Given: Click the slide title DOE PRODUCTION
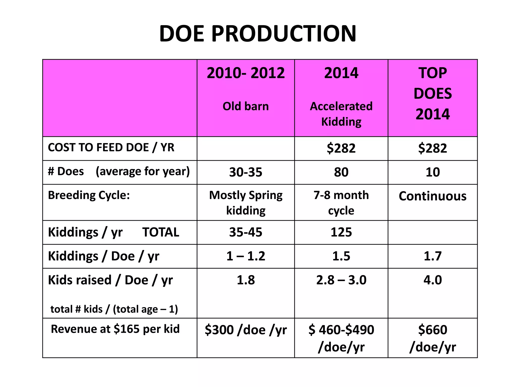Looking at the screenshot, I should pos(258,34).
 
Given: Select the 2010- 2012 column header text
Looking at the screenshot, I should pos(246,73).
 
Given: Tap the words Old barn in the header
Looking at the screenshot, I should pos(246,106).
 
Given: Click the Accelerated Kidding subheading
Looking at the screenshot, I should pos(341,114).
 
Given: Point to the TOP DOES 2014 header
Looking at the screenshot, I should pos(433,93).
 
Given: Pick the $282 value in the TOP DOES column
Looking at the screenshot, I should pos(433,148).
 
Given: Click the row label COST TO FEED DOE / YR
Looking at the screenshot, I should pos(111,147).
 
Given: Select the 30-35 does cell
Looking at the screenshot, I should pos(246,172).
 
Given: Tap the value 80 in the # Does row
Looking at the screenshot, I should pos(341,172).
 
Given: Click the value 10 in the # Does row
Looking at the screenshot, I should pos(433,172).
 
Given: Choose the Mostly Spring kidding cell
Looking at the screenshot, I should pos(246,203).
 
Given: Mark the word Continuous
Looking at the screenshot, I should pos(433,196).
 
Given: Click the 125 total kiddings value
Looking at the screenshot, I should pos(341,232).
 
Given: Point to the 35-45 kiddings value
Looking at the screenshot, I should pos(246,232).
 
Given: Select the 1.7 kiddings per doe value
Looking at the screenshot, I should pos(433,256).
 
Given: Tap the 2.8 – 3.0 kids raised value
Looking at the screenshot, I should pos(341,280).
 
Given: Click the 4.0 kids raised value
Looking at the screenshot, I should pos(433,280).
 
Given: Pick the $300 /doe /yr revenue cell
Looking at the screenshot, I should pos(246,330).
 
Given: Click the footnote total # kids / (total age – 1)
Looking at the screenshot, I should pos(114,309).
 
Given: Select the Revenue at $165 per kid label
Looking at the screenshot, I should pos(115,329).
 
